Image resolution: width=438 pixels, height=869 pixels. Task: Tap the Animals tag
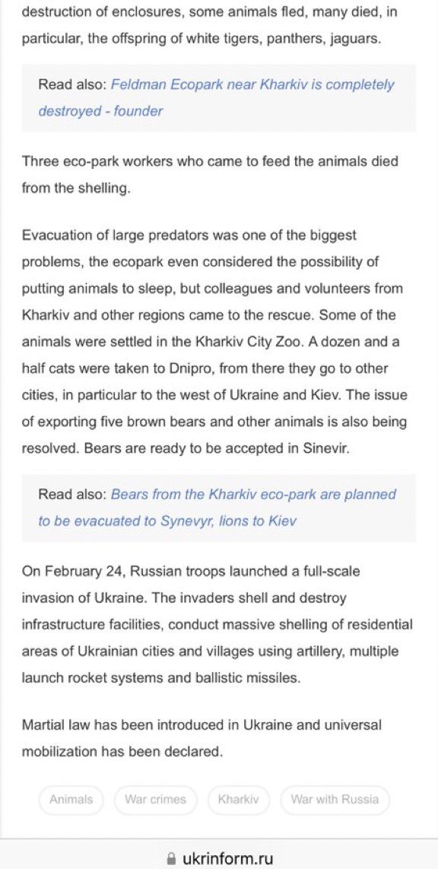pos(71,800)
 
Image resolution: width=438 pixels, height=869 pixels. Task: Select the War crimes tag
pos(156,800)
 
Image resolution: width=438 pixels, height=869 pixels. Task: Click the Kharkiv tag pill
pos(239,800)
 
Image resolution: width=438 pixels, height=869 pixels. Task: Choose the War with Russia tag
pos(335,800)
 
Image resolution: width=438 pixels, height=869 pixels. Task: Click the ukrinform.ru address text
pos(227,858)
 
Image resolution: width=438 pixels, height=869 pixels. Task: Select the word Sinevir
pos(323,448)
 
